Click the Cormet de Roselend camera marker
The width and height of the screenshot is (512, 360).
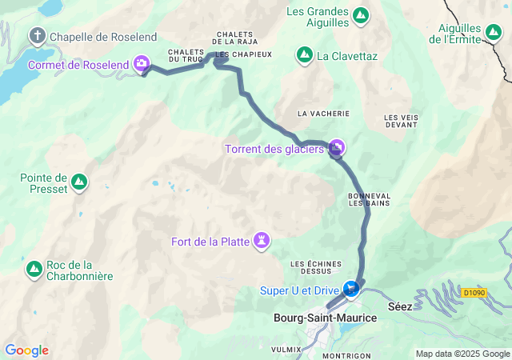pyautogui.click(x=142, y=63)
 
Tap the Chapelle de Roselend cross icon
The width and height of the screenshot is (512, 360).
pyautogui.click(x=37, y=36)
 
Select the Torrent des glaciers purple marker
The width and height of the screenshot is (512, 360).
pyautogui.click(x=337, y=147)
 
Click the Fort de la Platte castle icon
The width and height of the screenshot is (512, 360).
pyautogui.click(x=262, y=241)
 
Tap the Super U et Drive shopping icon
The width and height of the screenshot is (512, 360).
pyautogui.click(x=350, y=288)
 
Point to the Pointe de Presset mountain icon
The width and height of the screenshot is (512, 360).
pyautogui.click(x=78, y=183)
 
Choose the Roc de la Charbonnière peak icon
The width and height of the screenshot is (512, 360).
pyautogui.click(x=34, y=270)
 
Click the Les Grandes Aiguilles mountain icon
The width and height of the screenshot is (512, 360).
pyautogui.click(x=361, y=15)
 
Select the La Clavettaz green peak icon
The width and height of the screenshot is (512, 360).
pyautogui.click(x=305, y=55)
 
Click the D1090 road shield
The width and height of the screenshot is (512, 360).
pyautogui.click(x=473, y=293)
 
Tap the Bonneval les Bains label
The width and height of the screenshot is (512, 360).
pyautogui.click(x=369, y=200)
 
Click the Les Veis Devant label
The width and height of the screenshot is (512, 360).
pyautogui.click(x=401, y=121)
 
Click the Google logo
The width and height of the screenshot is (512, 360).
pyautogui.click(x=26, y=350)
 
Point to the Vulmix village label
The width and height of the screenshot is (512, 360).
pyautogui.click(x=286, y=349)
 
